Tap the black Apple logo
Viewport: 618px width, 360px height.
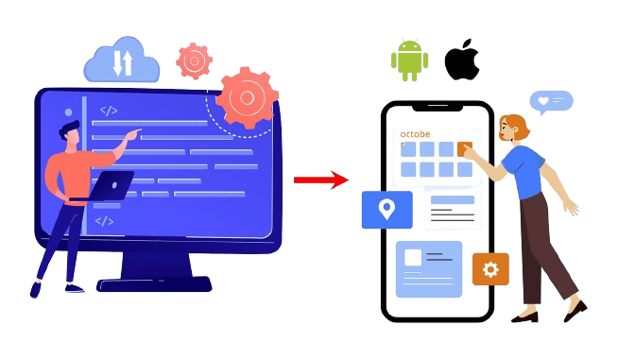[462, 59]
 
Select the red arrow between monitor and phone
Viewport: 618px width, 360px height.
[320, 180]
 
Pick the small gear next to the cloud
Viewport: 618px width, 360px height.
[194, 60]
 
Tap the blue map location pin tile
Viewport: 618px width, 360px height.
[386, 210]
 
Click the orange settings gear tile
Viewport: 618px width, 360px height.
[489, 269]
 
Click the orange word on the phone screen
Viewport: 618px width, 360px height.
[416, 134]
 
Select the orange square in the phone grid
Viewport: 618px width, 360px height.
[464, 148]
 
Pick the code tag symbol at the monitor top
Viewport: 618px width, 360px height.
[110, 109]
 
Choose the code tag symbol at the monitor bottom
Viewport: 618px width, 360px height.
[105, 221]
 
